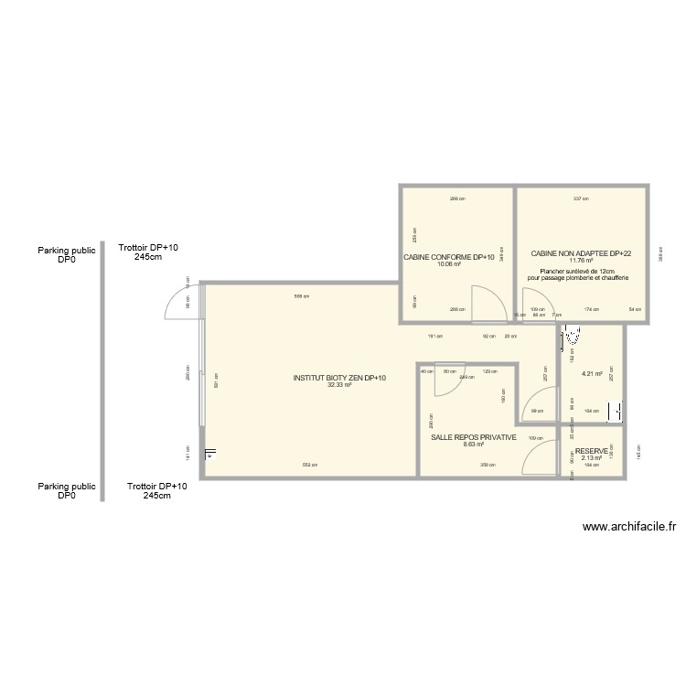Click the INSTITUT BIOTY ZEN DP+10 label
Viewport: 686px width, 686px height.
point(339,378)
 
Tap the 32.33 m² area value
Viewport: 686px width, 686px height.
point(339,385)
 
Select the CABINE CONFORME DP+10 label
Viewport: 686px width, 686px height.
point(448,257)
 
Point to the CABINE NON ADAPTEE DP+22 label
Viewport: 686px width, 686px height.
point(581,253)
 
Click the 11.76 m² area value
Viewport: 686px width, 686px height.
point(581,261)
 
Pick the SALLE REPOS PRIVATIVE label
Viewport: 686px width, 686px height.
point(474,437)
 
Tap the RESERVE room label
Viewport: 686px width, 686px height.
point(592,451)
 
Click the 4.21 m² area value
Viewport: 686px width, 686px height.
point(592,373)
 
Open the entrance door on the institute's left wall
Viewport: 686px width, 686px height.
point(181,303)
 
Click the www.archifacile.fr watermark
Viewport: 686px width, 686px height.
point(628,527)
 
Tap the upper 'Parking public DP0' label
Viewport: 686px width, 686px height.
point(67,253)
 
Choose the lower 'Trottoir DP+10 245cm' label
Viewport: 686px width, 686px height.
point(157,490)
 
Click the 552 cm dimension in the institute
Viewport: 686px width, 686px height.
point(311,466)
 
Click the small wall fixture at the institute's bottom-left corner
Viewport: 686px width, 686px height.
point(210,453)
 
